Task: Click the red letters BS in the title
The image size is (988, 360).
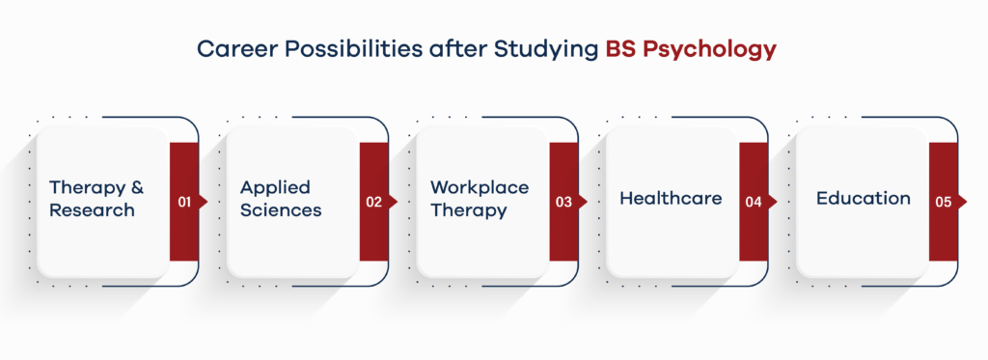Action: click(623, 50)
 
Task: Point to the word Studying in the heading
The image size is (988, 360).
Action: click(548, 50)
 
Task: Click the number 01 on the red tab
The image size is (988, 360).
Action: click(185, 203)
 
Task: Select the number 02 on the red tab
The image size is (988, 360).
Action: click(375, 203)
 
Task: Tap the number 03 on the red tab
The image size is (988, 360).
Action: click(564, 203)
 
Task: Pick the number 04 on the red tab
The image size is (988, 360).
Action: click(755, 203)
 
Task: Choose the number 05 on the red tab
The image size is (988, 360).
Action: click(944, 203)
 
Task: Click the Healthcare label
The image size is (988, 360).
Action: click(671, 199)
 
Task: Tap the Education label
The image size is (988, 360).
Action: click(863, 199)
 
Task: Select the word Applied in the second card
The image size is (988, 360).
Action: click(276, 187)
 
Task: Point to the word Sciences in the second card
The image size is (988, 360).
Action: click(281, 210)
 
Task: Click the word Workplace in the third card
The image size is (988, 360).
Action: click(480, 187)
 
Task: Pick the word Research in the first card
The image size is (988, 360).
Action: click(92, 210)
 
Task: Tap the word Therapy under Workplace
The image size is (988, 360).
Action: click(469, 210)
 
